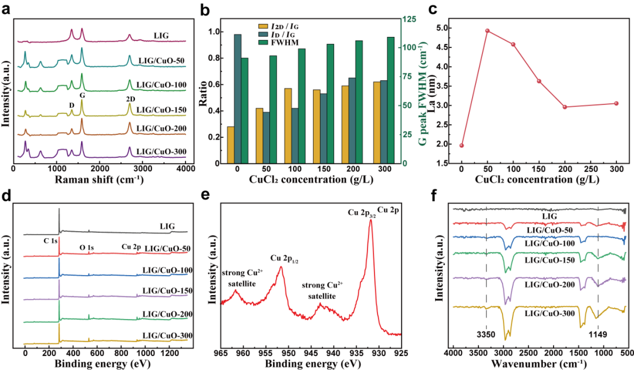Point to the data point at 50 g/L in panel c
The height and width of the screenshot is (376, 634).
tap(487, 31)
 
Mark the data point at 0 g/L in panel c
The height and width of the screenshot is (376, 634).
tap(461, 145)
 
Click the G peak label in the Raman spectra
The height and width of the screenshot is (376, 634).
tap(82, 94)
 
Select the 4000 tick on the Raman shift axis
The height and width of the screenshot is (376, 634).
tap(186, 168)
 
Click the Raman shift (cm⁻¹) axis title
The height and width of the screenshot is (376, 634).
tap(99, 179)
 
